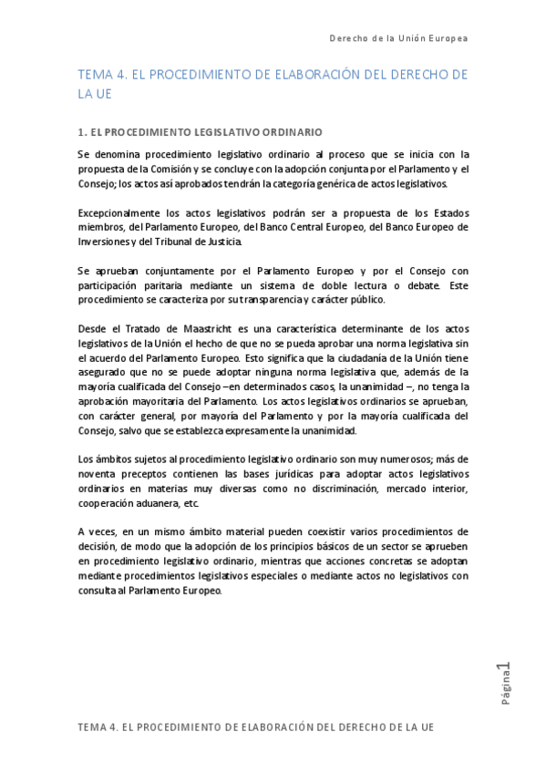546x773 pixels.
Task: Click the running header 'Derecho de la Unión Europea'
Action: pos(397,39)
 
